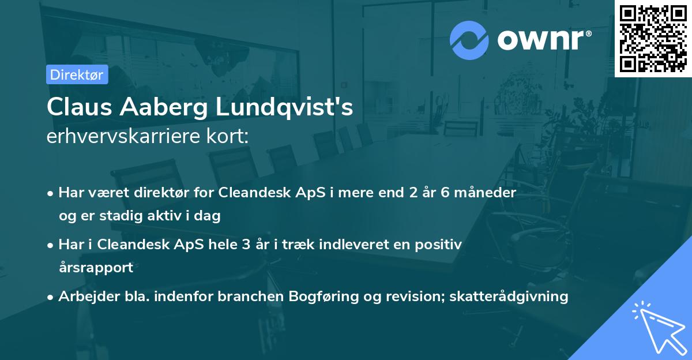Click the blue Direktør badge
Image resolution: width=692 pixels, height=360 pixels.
tap(77, 74)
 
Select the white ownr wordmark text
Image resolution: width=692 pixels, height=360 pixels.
tap(543, 40)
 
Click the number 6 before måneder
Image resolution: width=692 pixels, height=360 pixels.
tap(445, 192)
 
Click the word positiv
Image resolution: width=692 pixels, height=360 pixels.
tap(441, 244)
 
